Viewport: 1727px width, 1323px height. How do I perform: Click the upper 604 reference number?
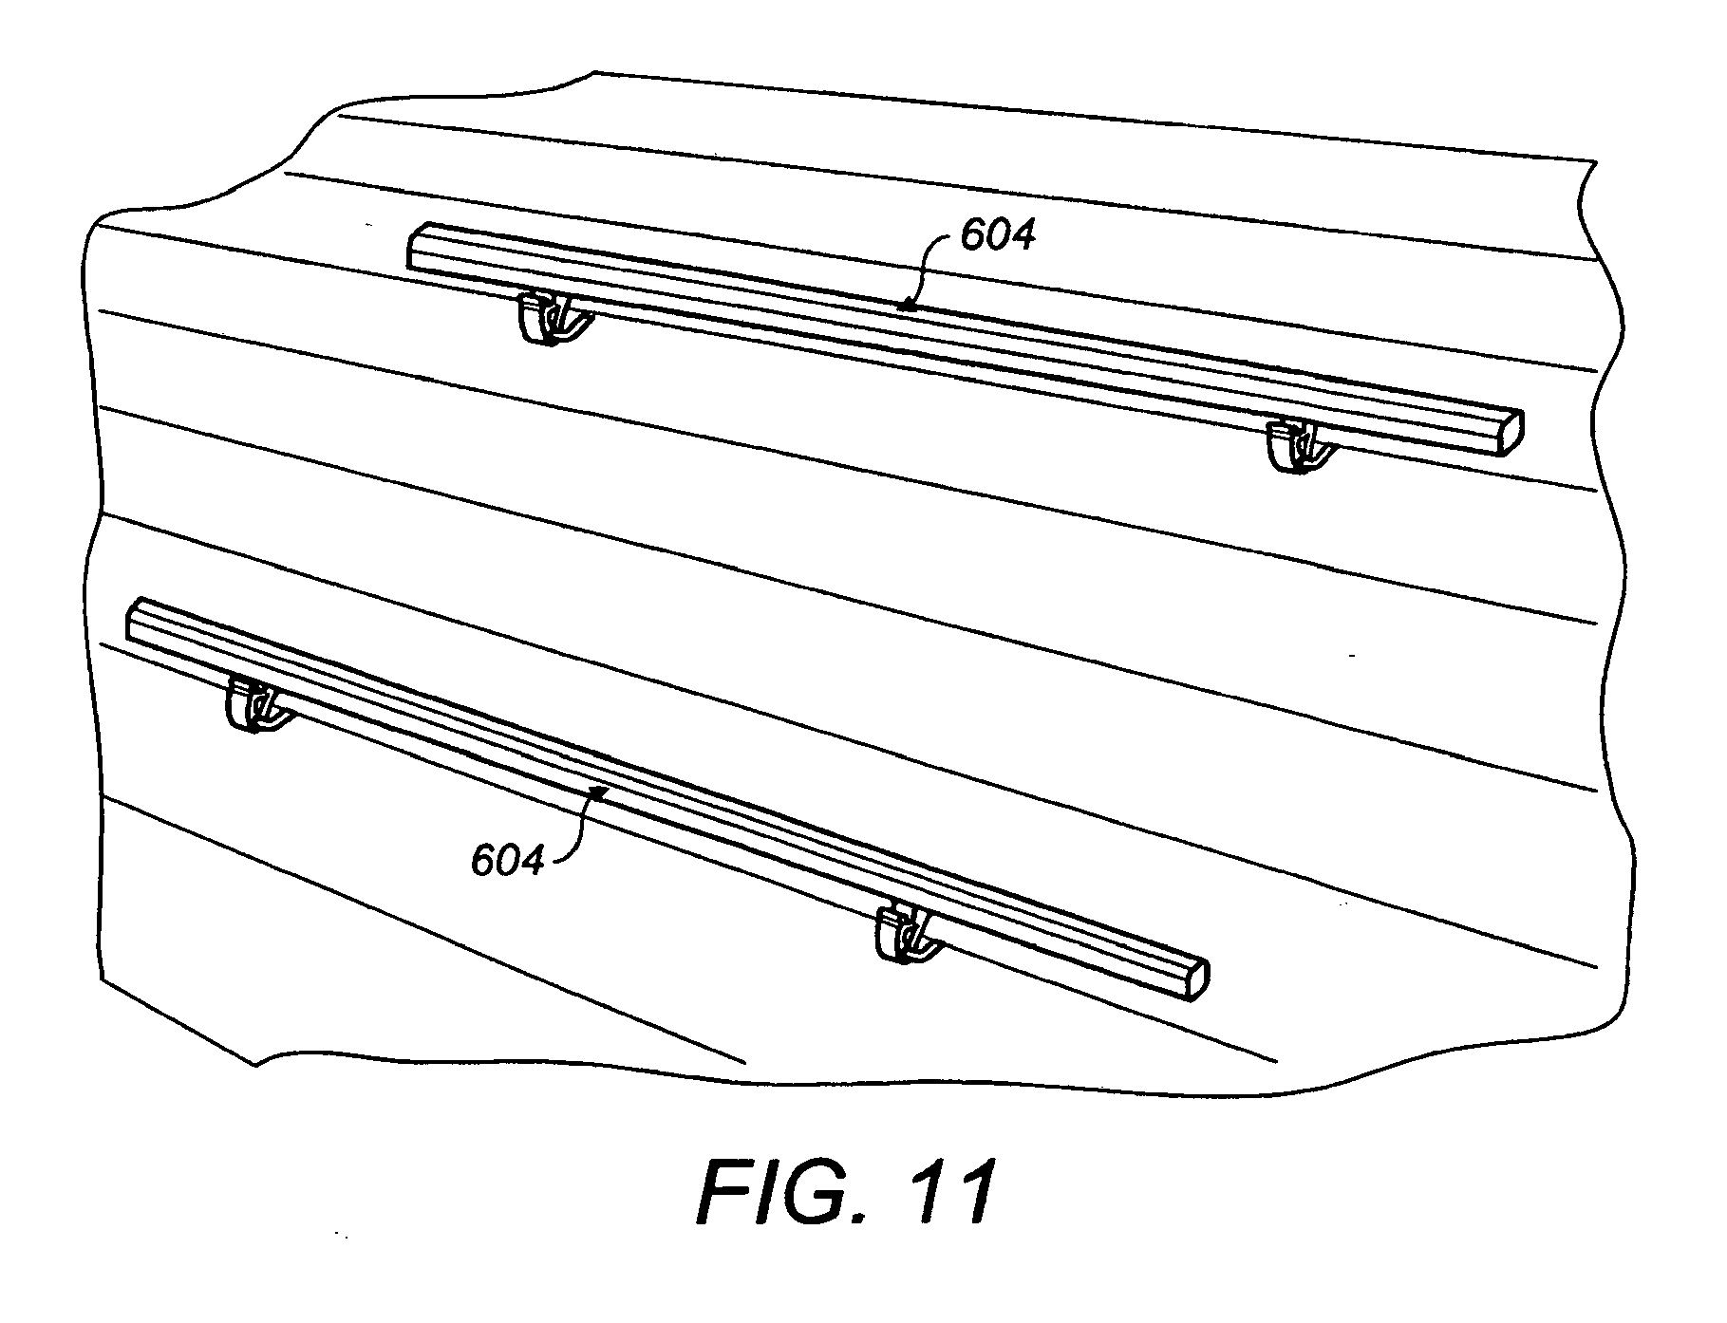[997, 234]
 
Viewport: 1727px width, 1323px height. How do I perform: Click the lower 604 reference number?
[508, 861]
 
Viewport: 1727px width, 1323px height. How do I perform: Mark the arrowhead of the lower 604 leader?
[599, 792]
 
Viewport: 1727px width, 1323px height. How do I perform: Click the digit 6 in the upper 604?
[972, 235]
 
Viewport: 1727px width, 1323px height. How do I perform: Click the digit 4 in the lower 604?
[534, 862]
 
